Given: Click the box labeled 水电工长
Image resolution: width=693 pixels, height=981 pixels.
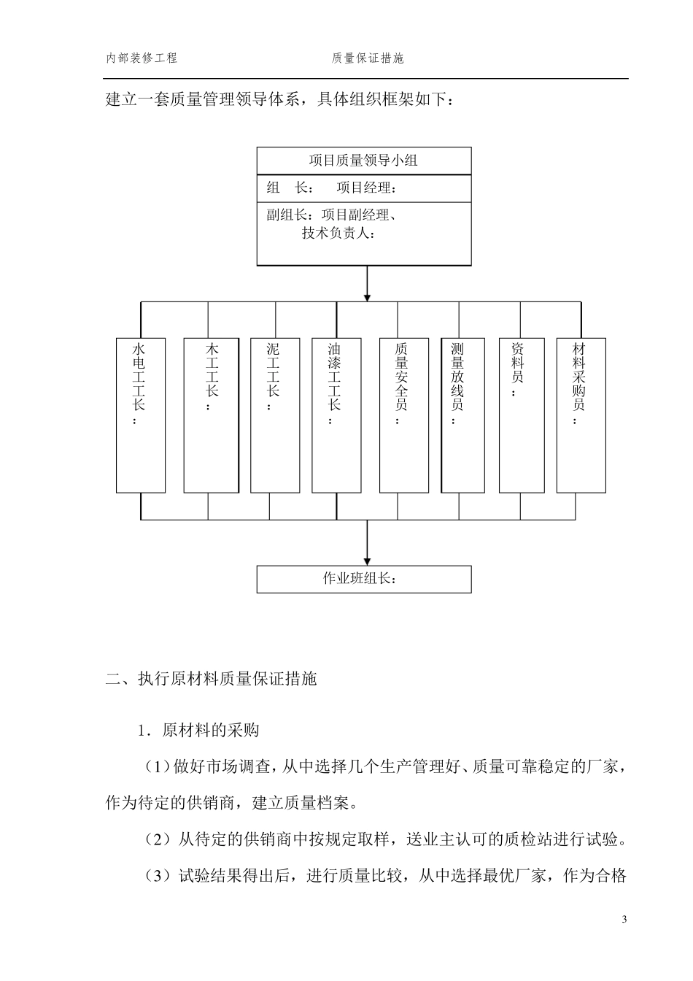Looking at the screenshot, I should (x=141, y=415).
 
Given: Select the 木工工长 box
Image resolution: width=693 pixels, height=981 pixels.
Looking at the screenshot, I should (x=211, y=415).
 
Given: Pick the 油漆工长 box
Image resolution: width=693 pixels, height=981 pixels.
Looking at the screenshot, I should (x=336, y=415).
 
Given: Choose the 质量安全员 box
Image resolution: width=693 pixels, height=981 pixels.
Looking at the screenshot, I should (x=403, y=415).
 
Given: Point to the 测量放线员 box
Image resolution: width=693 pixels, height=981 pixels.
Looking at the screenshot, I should (x=462, y=415).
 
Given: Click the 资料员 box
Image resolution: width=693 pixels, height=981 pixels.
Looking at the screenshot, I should (x=521, y=415).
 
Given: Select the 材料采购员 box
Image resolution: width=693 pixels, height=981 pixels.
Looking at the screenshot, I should (x=581, y=415).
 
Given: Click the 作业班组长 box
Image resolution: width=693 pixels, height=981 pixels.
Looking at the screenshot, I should (x=363, y=579).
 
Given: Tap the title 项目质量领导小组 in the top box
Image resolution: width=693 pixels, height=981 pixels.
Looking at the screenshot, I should (x=363, y=161).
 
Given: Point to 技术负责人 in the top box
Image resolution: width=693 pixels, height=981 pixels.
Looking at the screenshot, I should (x=338, y=234).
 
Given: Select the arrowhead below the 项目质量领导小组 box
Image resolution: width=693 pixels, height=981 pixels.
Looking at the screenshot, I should (x=367, y=296).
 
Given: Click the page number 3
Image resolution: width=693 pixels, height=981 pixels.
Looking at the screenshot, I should (x=624, y=919).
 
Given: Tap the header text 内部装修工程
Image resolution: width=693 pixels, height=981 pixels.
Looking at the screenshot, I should (x=142, y=58).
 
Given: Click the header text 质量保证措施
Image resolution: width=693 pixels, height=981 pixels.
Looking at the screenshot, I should (x=368, y=58).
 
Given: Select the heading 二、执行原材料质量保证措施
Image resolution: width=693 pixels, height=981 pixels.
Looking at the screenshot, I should (x=212, y=680).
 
